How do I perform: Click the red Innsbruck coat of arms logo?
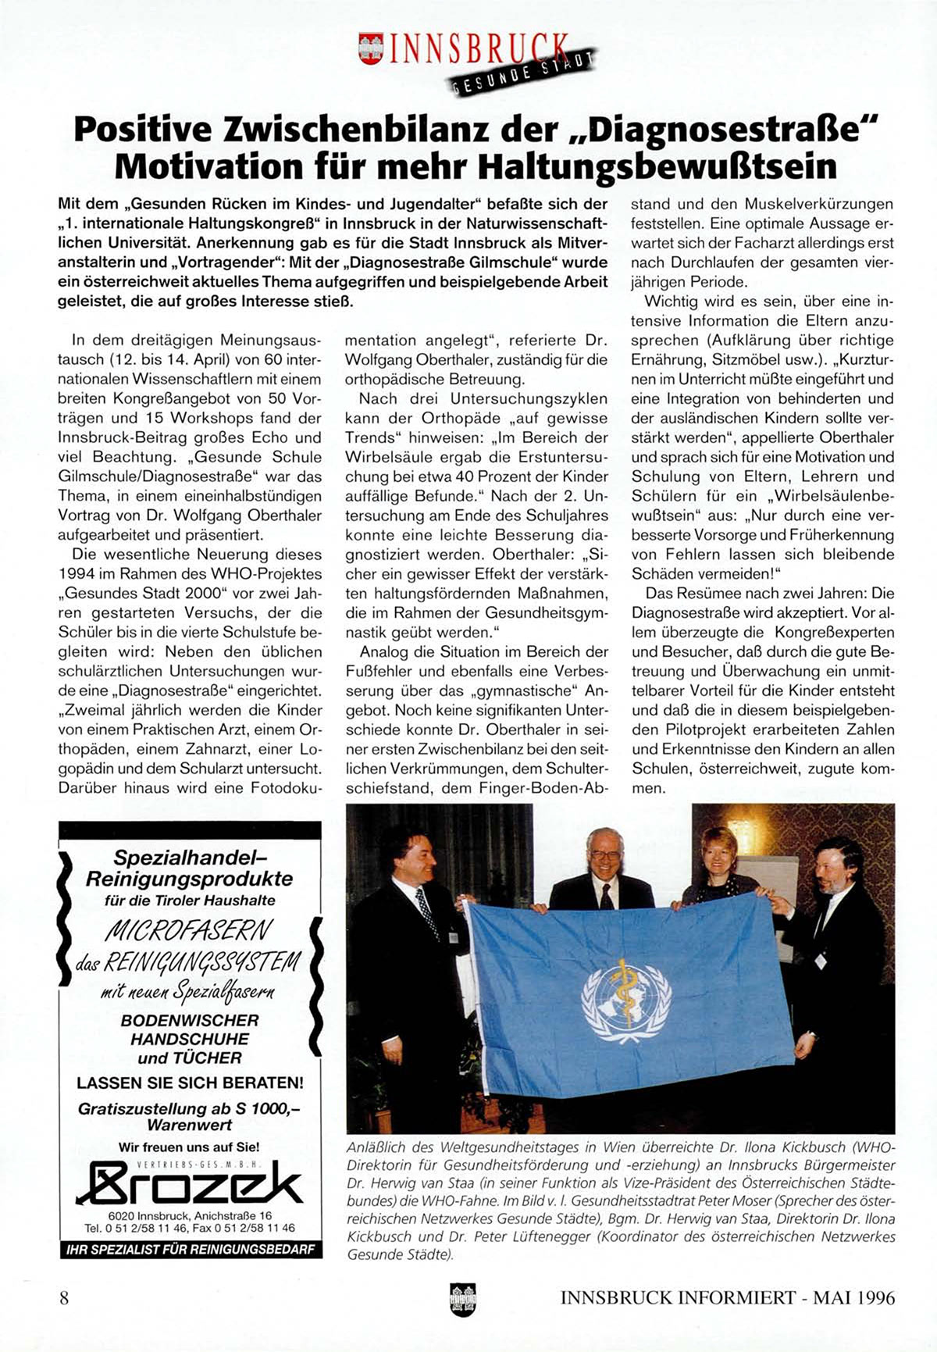pyautogui.click(x=371, y=48)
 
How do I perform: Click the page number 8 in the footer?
pyautogui.click(x=64, y=1298)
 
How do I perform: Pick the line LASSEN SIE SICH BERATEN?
pyautogui.click(x=190, y=1083)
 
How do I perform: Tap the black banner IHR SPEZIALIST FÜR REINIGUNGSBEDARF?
pyautogui.click(x=190, y=1250)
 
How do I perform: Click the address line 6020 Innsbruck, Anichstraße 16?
pyautogui.click(x=190, y=1216)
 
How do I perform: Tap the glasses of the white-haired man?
pyautogui.click(x=606, y=855)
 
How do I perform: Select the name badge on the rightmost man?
pyautogui.click(x=820, y=960)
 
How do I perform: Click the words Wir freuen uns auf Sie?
pyautogui.click(x=190, y=1147)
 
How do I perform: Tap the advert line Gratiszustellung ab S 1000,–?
pyautogui.click(x=190, y=1109)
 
